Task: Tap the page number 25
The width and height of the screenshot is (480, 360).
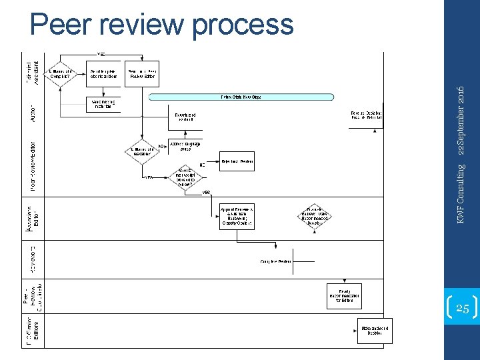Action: [461, 308]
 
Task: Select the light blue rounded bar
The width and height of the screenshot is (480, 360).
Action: [241, 97]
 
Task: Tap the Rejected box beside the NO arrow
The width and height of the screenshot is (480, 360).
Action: [237, 161]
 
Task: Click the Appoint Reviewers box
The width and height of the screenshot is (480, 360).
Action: [237, 217]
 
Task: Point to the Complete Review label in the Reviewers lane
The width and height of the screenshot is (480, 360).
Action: [276, 261]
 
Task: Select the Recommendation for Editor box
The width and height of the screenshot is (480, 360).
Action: [344, 295]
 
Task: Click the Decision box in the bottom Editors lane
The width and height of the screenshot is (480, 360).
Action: [374, 331]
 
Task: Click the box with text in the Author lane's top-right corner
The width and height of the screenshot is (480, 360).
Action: [366, 115]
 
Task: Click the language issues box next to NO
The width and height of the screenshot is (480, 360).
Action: [185, 146]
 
